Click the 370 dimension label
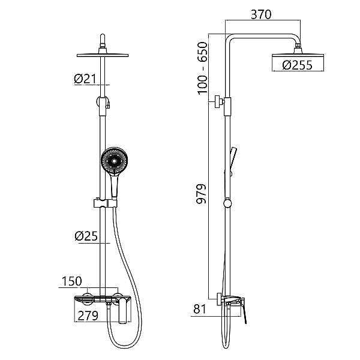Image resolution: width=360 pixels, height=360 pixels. click(x=261, y=14)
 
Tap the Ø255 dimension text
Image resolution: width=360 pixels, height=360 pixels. click(x=298, y=65)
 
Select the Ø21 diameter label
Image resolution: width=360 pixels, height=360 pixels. click(x=85, y=79)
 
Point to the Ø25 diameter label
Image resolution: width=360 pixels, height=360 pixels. click(x=86, y=236)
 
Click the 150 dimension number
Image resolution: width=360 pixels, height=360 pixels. click(x=72, y=281)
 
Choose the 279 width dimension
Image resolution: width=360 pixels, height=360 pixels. click(x=88, y=316)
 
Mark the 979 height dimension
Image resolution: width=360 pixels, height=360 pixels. click(x=202, y=194)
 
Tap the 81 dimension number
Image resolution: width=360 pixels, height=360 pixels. click(x=200, y=309)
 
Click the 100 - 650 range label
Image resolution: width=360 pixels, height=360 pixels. click(x=202, y=68)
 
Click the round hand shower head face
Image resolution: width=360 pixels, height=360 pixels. click(x=114, y=161)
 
